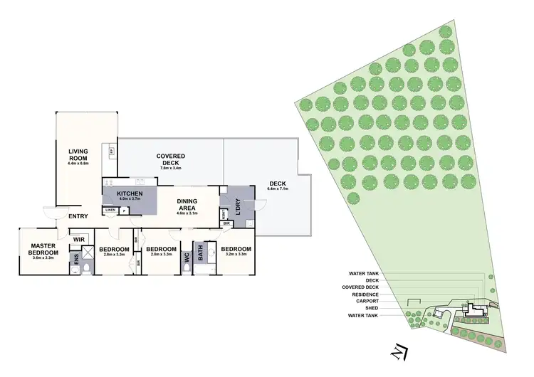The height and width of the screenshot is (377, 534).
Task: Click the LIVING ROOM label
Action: point(78,155)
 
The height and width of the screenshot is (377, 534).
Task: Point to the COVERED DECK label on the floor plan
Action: point(171,159)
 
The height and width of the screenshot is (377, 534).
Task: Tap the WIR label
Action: point(78,240)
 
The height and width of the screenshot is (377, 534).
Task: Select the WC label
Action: point(187,260)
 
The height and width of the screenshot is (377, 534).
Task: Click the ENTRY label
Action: point(78,216)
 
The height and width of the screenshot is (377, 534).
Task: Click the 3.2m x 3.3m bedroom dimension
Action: point(235,254)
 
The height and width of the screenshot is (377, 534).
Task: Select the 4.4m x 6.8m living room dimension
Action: point(78,165)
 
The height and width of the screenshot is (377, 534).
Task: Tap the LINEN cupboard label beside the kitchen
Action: point(110,210)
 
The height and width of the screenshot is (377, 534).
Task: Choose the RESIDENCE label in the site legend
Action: point(364,294)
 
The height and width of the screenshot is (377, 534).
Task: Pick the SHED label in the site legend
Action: point(372,308)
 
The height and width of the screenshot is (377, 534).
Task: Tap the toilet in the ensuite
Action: point(86,267)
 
